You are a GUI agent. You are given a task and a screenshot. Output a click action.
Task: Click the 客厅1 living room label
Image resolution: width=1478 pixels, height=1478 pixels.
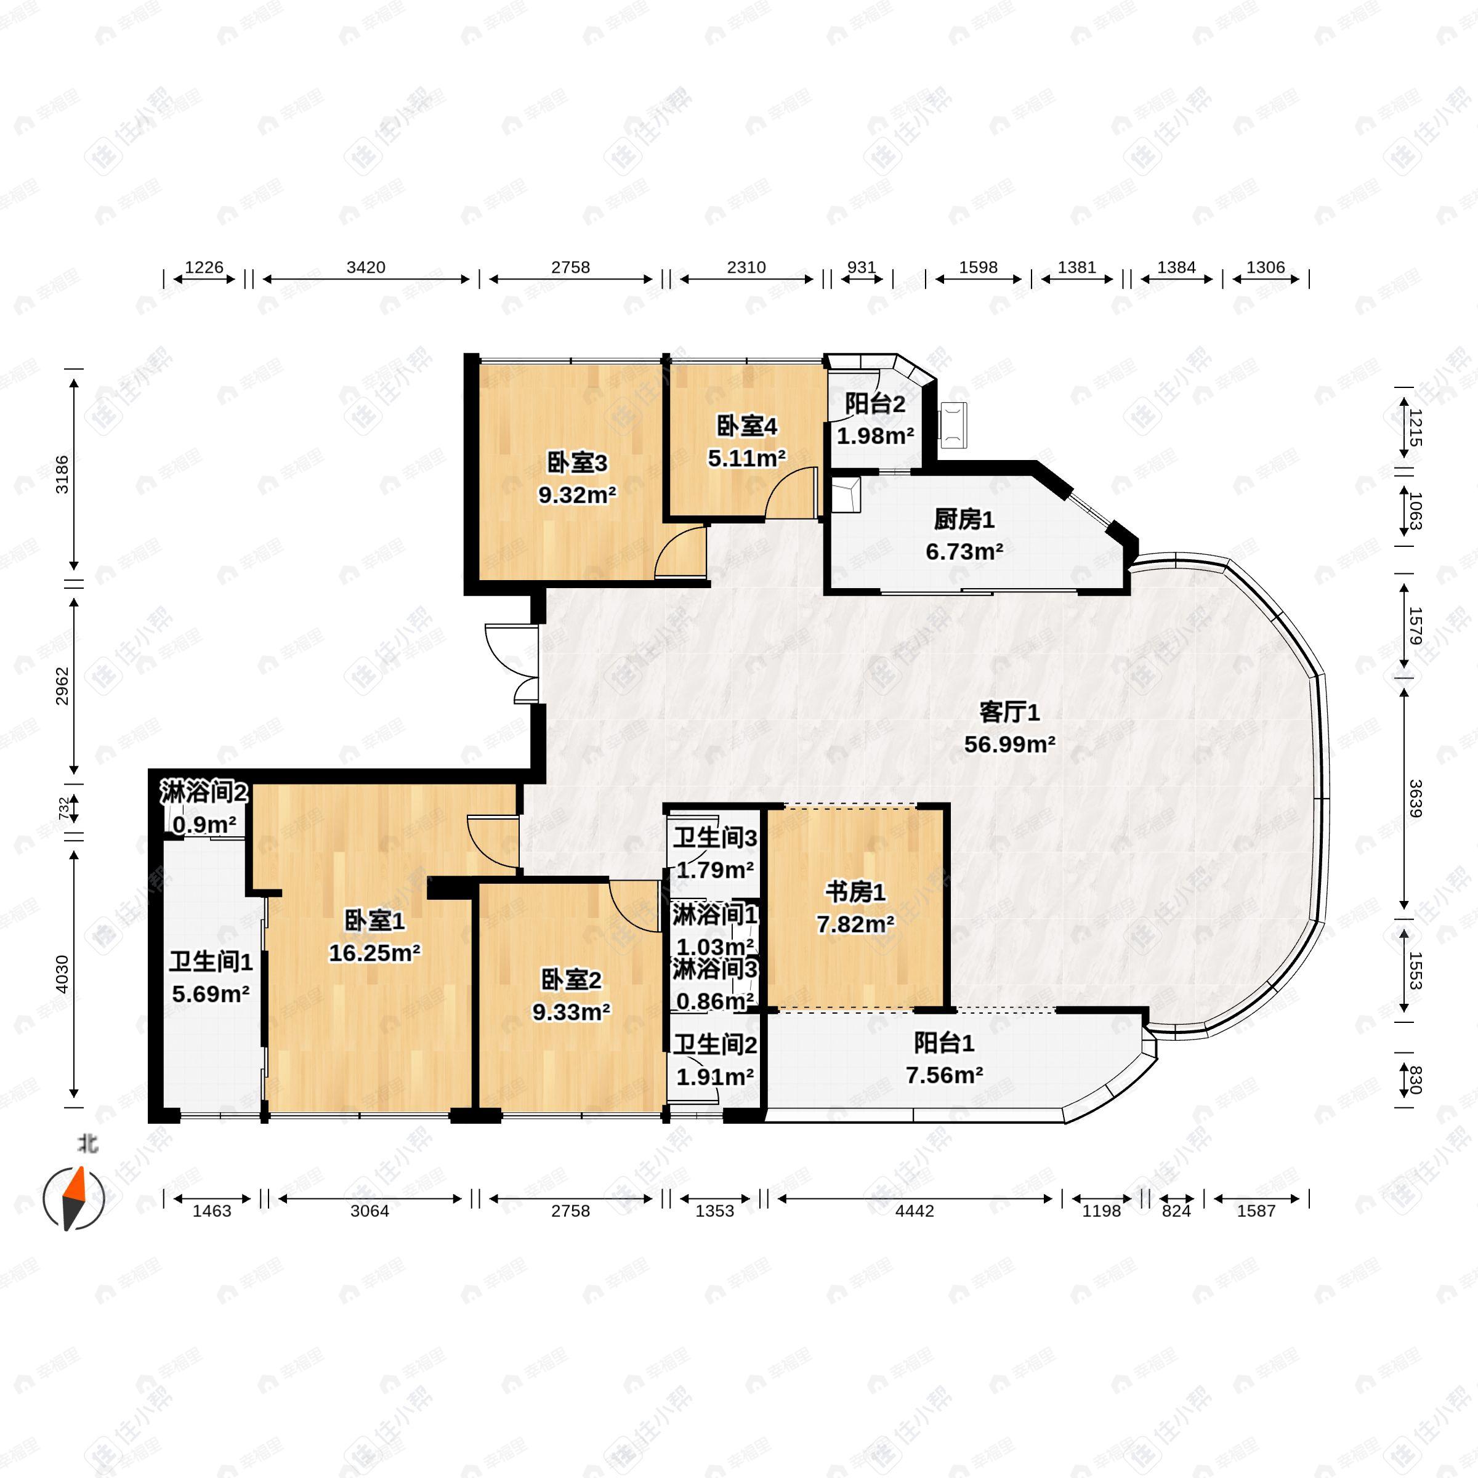pyautogui.click(x=1009, y=713)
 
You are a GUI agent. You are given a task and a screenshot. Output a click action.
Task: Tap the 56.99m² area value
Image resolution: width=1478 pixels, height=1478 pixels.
pyautogui.click(x=1009, y=745)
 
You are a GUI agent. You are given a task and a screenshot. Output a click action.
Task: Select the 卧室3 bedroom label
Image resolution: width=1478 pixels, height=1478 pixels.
pyautogui.click(x=577, y=463)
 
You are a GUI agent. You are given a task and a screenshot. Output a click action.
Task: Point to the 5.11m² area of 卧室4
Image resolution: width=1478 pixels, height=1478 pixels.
pyautogui.click(x=746, y=458)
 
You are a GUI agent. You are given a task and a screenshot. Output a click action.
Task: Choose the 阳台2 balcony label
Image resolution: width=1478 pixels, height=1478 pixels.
pyautogui.click(x=875, y=404)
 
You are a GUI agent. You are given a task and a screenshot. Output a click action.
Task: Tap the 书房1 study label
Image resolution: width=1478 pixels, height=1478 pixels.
pyautogui.click(x=855, y=892)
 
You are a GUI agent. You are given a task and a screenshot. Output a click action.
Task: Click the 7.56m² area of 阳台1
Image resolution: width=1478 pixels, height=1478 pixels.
pyautogui.click(x=944, y=1076)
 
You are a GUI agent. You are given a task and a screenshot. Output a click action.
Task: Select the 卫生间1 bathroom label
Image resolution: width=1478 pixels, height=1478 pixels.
pyautogui.click(x=211, y=963)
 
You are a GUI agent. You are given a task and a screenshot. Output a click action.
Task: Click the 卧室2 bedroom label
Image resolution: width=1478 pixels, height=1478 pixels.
pyautogui.click(x=571, y=980)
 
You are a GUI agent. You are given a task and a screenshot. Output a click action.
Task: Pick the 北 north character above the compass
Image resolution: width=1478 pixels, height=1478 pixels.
pyautogui.click(x=88, y=1144)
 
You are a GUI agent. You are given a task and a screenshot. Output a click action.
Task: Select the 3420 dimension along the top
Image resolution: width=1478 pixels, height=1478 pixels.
pyautogui.click(x=366, y=267)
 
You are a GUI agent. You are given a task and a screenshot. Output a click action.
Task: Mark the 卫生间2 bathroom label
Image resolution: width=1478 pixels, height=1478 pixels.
pyautogui.click(x=714, y=1045)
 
